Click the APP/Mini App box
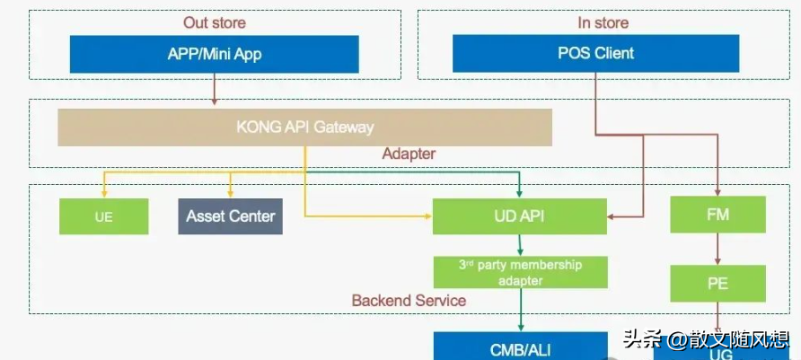point(214,54)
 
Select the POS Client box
point(595,54)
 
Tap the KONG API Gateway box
point(304,127)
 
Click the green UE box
point(103,216)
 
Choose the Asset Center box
point(230,216)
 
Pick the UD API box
point(519,216)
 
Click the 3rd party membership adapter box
point(520,272)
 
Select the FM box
point(717,216)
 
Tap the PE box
point(717,284)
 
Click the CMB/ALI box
point(520,347)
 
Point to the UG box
point(718,352)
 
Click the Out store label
point(214,22)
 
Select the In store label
point(603,22)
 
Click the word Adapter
point(409,154)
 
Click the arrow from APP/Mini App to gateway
point(215,91)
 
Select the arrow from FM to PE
point(717,250)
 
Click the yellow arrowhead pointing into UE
point(104,193)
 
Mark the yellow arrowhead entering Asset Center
point(231,193)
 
